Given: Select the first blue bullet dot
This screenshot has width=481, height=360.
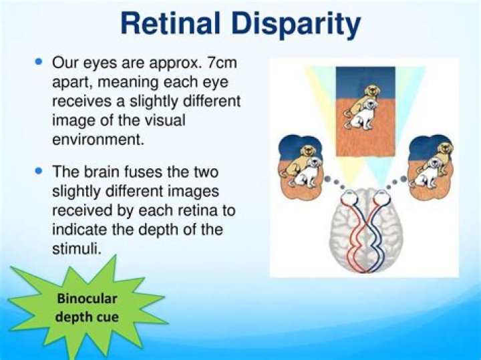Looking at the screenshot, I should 38,62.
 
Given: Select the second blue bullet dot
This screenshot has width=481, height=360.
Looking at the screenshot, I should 38,170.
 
